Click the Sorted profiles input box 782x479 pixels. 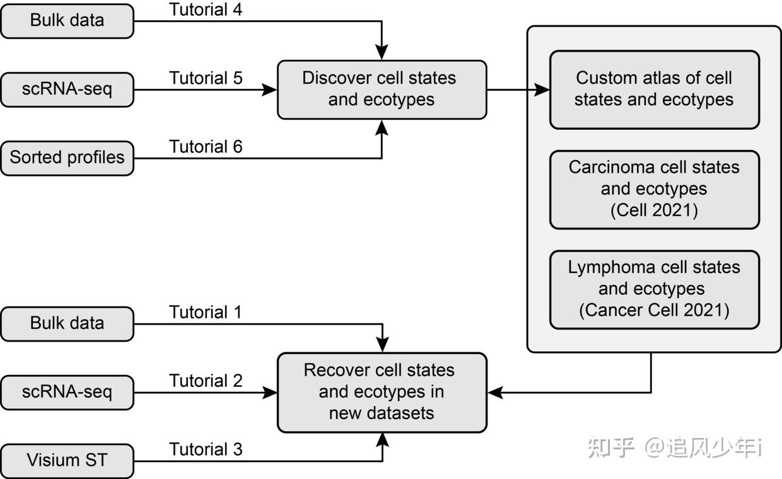click(x=67, y=158)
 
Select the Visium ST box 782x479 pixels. click(x=67, y=461)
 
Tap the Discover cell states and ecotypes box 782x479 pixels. click(x=382, y=89)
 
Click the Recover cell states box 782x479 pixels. click(x=382, y=392)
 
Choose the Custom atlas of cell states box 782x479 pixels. click(x=654, y=89)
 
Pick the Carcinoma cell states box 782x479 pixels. click(x=654, y=189)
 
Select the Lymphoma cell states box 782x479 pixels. click(x=654, y=289)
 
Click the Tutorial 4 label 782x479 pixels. click(x=206, y=10)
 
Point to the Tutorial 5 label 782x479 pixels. click(x=206, y=79)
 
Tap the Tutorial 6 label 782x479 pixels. click(x=206, y=147)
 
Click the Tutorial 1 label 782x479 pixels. click(x=206, y=313)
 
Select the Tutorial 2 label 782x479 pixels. click(x=206, y=381)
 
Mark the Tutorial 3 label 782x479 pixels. click(x=206, y=449)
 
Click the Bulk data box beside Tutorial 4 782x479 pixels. click(x=67, y=21)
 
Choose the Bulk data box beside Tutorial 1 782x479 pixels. click(x=67, y=324)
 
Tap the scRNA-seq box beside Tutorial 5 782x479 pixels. click(x=67, y=89)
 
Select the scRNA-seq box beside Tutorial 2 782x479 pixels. click(x=67, y=392)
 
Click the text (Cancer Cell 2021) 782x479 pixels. click(x=654, y=311)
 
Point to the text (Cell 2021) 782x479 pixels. click(x=654, y=211)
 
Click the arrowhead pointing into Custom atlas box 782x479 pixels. click(x=542, y=89)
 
